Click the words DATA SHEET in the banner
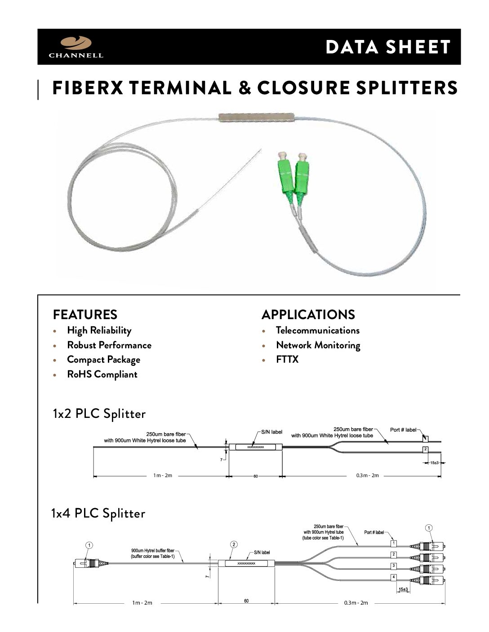pyautogui.click(x=388, y=47)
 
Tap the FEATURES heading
pyautogui.click(x=85, y=314)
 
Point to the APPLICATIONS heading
pyautogui.click(x=308, y=314)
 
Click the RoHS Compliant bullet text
pyautogui.click(x=102, y=374)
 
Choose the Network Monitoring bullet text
pyautogui.click(x=318, y=345)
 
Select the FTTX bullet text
pyautogui.click(x=287, y=360)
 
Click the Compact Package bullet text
pyautogui.click(x=103, y=360)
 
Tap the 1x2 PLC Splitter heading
pyautogui.click(x=99, y=413)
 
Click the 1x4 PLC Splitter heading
pyautogui.click(x=98, y=513)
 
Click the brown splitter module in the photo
pyautogui.click(x=255, y=117)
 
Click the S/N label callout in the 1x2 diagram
pyautogui.click(x=271, y=432)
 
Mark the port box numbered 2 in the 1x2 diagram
pyautogui.click(x=425, y=449)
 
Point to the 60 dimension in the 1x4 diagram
pyautogui.click(x=246, y=601)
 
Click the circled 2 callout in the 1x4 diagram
pyautogui.click(x=234, y=544)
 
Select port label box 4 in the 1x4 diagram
pyautogui.click(x=394, y=577)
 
